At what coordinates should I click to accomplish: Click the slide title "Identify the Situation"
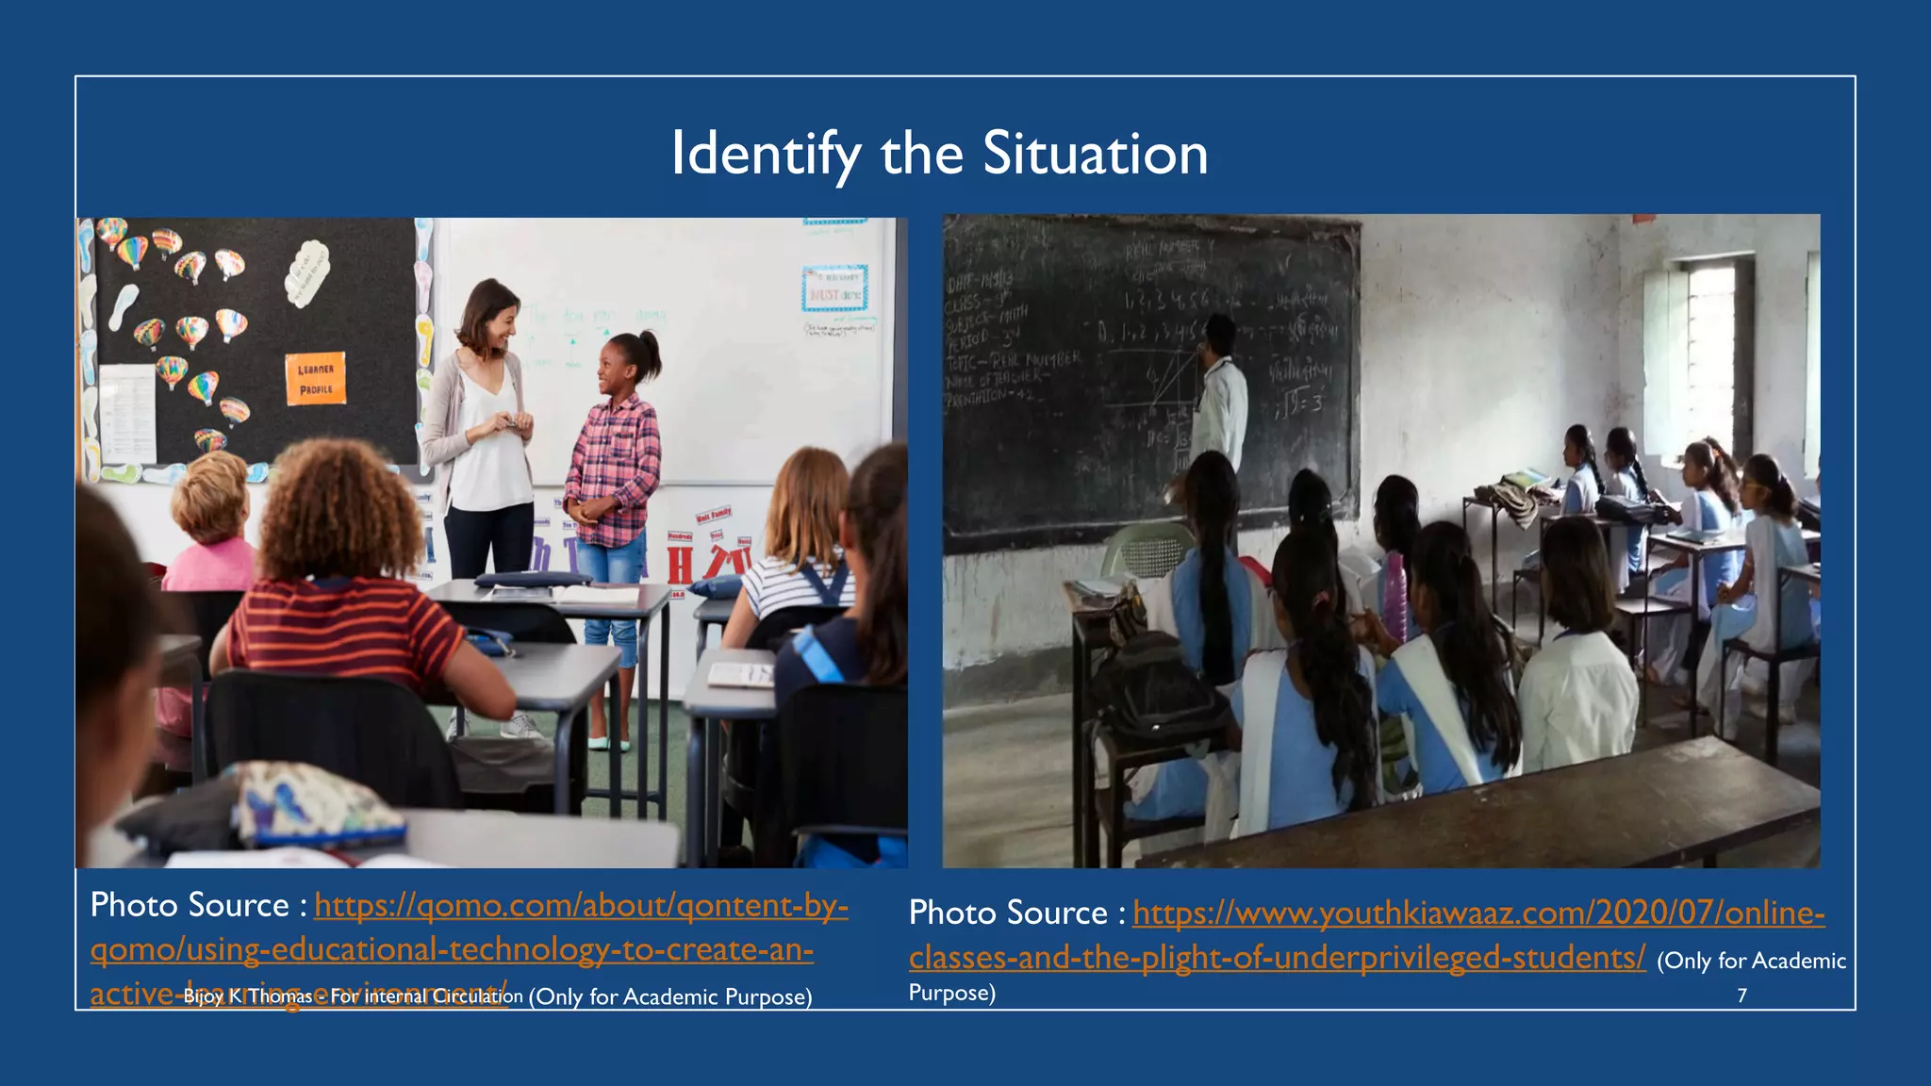(x=939, y=154)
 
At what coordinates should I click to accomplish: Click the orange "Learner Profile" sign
(x=316, y=379)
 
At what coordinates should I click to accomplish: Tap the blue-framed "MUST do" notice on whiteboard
(x=834, y=288)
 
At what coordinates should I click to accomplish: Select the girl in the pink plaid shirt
(x=616, y=462)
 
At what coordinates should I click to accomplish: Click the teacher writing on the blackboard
(x=1221, y=396)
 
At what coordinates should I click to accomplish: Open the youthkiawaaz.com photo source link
(x=1477, y=913)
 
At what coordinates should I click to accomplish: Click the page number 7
(x=1741, y=995)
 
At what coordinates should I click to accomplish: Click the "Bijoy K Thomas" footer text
(x=247, y=996)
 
